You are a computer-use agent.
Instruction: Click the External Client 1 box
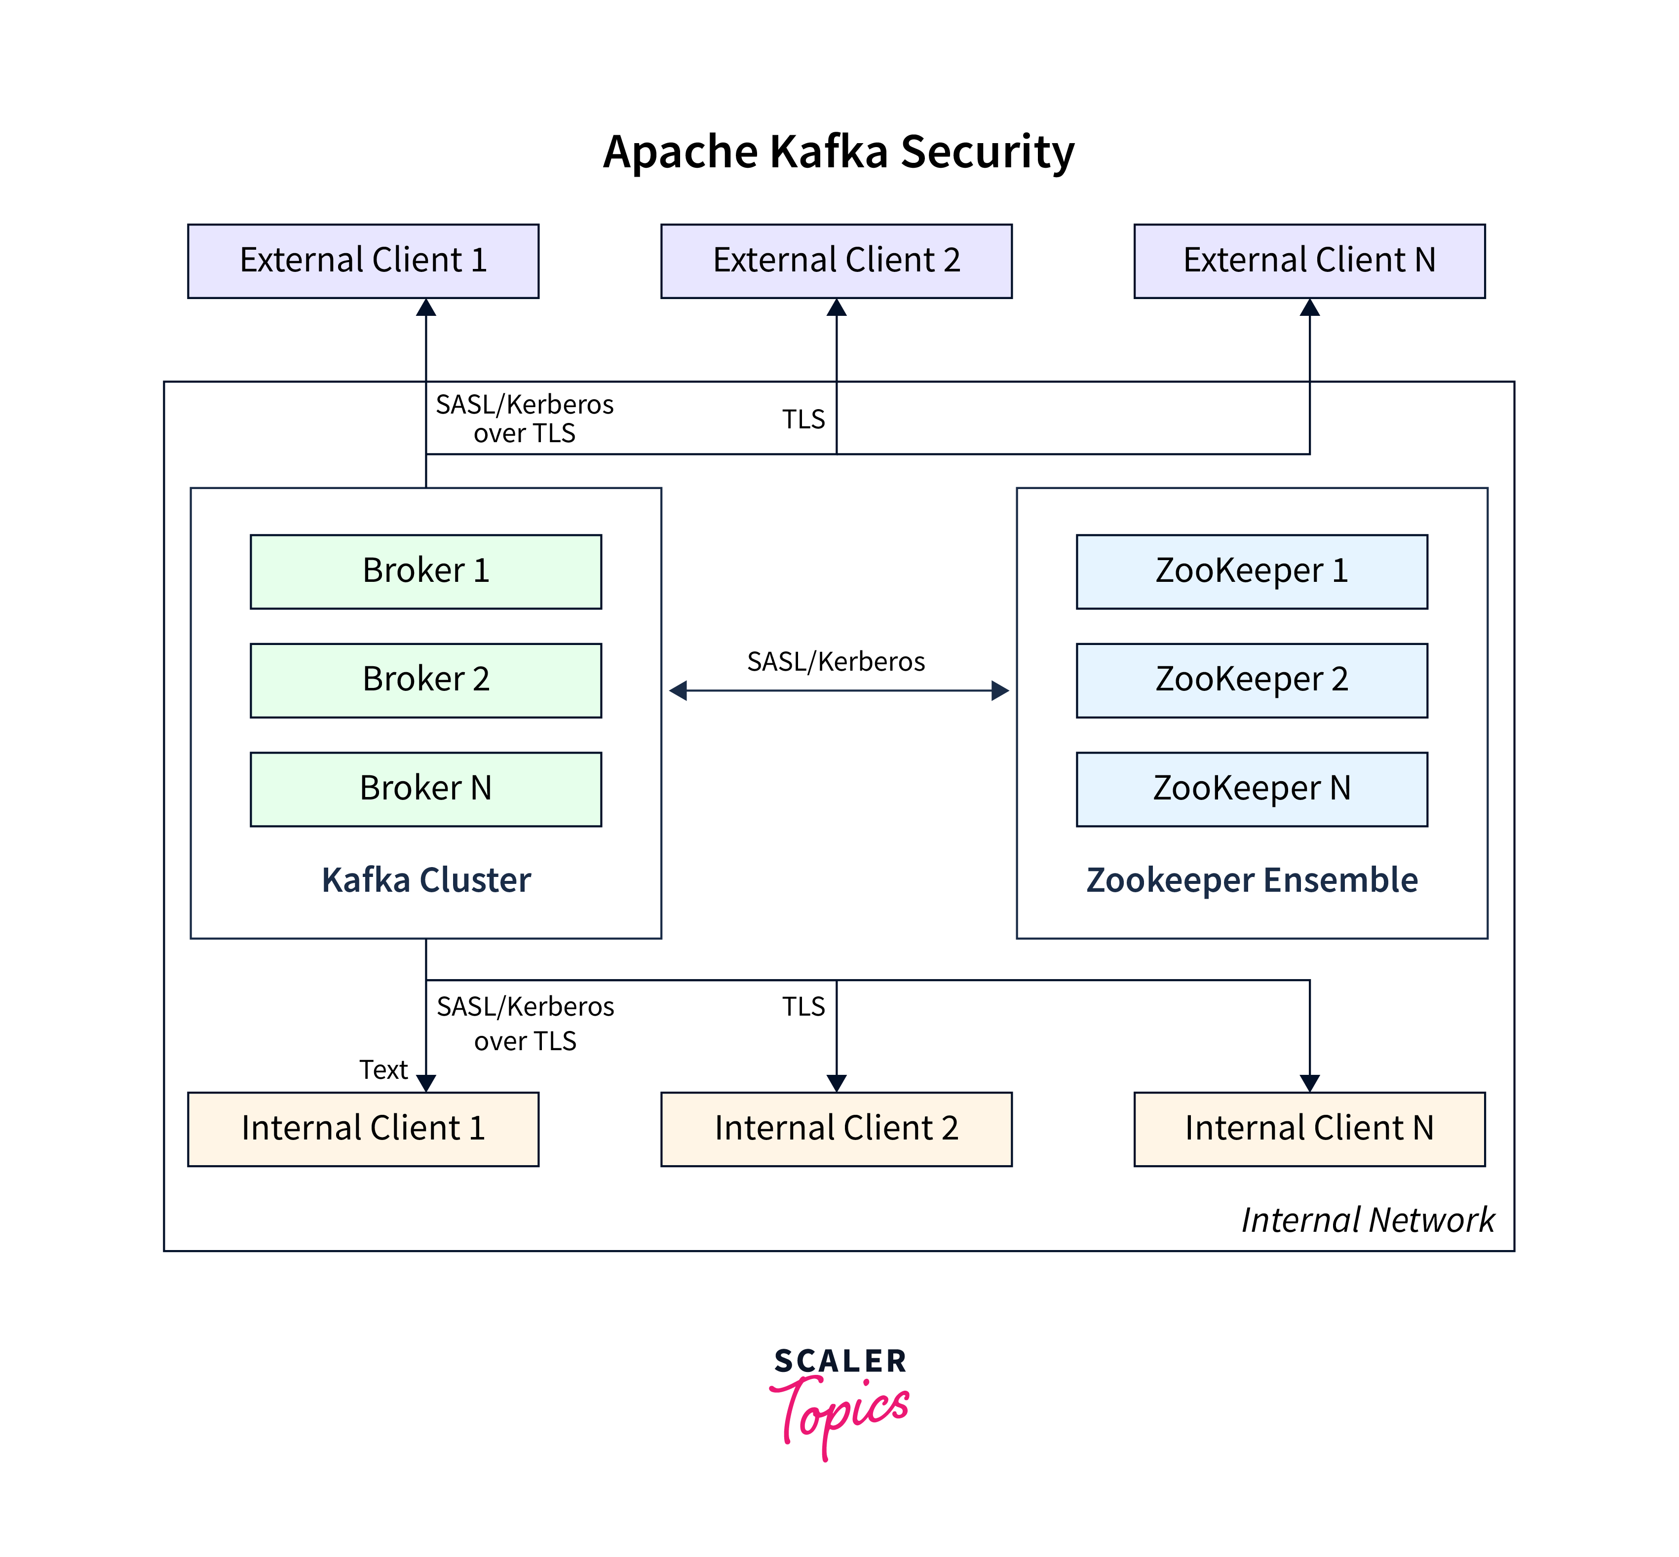(363, 261)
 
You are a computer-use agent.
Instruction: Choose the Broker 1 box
(425, 571)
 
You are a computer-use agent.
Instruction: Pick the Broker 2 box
(425, 680)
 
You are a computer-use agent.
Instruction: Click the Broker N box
(425, 789)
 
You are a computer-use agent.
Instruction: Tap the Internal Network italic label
(1367, 1219)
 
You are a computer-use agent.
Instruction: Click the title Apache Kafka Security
(838, 152)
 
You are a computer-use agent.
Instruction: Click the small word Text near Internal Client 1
(383, 1069)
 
